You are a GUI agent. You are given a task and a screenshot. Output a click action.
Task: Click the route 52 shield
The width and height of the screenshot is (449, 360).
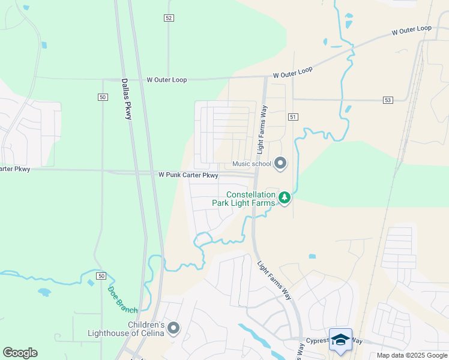pyautogui.click(x=169, y=18)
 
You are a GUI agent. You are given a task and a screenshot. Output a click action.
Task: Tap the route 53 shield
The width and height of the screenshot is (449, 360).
pyautogui.click(x=387, y=100)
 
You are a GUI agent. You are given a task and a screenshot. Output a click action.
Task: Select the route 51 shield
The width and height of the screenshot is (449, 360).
pyautogui.click(x=292, y=116)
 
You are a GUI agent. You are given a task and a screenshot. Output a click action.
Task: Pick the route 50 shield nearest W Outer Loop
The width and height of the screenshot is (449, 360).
pyautogui.click(x=103, y=97)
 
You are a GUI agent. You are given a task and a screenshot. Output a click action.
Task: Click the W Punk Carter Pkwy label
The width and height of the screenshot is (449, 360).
pyautogui.click(x=188, y=175)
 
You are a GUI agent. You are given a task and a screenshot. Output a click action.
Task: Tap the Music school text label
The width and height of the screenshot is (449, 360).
pyautogui.click(x=252, y=164)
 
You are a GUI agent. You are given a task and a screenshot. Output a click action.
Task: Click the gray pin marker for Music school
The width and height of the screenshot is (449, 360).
pyautogui.click(x=280, y=163)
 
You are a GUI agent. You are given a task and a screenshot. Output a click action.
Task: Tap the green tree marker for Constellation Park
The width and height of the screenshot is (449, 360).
pyautogui.click(x=285, y=197)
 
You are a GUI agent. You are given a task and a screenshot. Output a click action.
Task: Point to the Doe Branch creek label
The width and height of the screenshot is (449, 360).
pyautogui.click(x=122, y=300)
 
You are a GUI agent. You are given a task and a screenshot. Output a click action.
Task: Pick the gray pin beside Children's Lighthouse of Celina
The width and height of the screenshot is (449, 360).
pyautogui.click(x=173, y=328)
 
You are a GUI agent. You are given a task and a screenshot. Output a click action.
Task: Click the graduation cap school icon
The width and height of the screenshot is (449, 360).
pyautogui.click(x=340, y=339)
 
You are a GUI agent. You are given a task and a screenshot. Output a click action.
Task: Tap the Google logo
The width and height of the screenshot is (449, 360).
pyautogui.click(x=20, y=353)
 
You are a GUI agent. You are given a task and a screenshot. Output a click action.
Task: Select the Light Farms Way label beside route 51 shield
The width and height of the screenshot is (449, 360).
pyautogui.click(x=262, y=128)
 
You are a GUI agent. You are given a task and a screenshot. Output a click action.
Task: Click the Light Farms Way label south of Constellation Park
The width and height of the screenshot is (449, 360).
pyautogui.click(x=274, y=281)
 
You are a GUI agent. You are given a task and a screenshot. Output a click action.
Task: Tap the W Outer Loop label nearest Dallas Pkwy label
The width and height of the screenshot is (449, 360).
pyautogui.click(x=166, y=80)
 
